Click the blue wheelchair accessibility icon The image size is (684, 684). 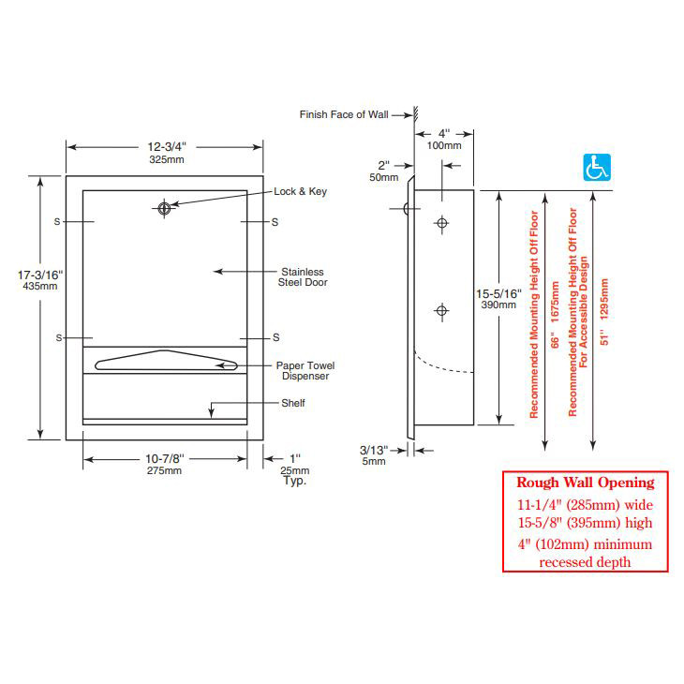click(597, 168)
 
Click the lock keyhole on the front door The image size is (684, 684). click(165, 208)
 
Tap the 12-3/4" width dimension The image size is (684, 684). click(164, 146)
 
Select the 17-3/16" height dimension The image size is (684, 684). click(38, 275)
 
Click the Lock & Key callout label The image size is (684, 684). click(300, 191)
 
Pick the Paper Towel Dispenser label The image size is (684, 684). click(305, 370)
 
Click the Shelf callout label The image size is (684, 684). click(293, 404)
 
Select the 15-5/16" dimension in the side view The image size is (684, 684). click(498, 293)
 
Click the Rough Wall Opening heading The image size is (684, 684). click(586, 483)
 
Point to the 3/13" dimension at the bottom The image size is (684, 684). click(374, 450)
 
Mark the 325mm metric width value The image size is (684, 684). click(164, 159)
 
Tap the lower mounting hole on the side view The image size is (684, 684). click(439, 310)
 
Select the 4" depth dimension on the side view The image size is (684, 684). click(443, 133)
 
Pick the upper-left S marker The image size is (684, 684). click(57, 222)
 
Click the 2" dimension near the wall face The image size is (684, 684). click(383, 165)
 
